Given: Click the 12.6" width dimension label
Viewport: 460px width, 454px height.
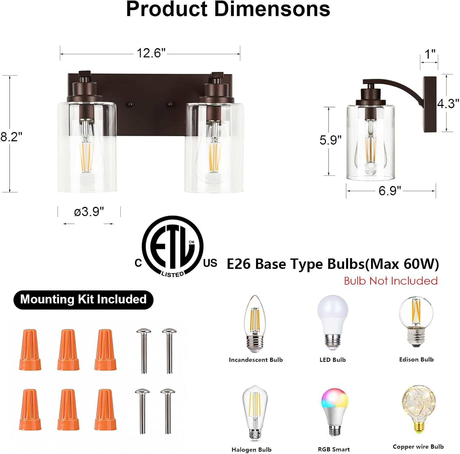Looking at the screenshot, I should pyautogui.click(x=151, y=53).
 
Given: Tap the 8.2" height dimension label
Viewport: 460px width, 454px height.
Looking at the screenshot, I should pyautogui.click(x=11, y=137).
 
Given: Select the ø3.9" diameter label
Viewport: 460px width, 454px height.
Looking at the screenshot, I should pyautogui.click(x=89, y=211).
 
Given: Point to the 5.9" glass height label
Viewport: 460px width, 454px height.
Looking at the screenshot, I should pyautogui.click(x=330, y=140).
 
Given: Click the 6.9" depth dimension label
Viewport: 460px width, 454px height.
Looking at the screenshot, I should pyautogui.click(x=389, y=191).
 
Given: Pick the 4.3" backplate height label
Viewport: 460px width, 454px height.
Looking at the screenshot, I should pyautogui.click(x=448, y=104).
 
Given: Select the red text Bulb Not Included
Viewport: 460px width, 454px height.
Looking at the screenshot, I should pyautogui.click(x=390, y=281).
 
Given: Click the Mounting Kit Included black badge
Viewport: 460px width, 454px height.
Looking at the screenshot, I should pyautogui.click(x=83, y=299).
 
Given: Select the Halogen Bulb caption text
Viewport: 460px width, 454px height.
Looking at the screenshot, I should pyautogui.click(x=251, y=449).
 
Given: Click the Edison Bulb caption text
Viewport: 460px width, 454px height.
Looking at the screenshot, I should pyautogui.click(x=416, y=359).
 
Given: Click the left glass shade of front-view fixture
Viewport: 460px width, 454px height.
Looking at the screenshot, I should pyautogui.click(x=87, y=147).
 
